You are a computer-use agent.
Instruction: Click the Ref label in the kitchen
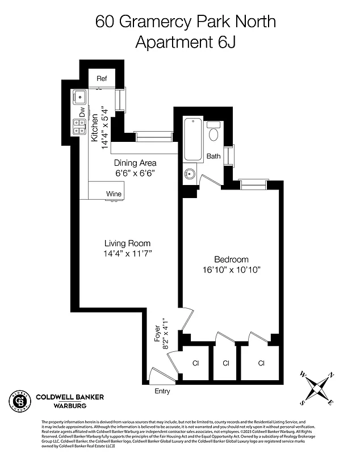point(102,79)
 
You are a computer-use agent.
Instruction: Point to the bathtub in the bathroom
point(193,139)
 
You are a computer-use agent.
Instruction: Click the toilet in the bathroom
point(214,132)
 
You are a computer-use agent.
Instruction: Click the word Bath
point(214,156)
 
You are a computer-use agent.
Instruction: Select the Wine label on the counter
point(114,194)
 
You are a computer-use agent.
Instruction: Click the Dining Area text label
point(135,163)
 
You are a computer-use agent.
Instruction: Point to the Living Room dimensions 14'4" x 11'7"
point(127,253)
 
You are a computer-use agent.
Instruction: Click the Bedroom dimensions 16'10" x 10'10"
point(231,269)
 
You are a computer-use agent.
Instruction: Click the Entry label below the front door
point(162,391)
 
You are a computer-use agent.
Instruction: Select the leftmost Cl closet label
point(195,363)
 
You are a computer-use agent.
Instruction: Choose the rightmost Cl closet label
point(261,363)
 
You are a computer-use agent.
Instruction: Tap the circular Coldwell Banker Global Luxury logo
point(19,401)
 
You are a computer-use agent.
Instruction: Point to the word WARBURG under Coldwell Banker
point(70,406)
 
